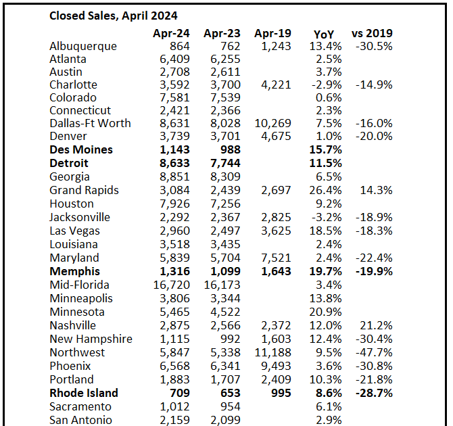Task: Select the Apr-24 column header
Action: coord(171,33)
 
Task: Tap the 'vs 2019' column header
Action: coord(372,33)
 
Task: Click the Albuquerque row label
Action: coord(83,46)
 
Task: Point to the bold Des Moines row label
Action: coord(81,149)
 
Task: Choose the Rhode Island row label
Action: coord(84,393)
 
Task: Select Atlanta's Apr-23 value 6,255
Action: coord(225,59)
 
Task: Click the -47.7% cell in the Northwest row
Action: coord(374,352)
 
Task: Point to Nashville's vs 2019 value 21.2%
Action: coord(377,325)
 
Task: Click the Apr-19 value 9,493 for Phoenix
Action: coord(275,366)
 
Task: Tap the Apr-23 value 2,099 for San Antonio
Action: coord(225,420)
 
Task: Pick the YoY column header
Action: coord(325,33)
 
